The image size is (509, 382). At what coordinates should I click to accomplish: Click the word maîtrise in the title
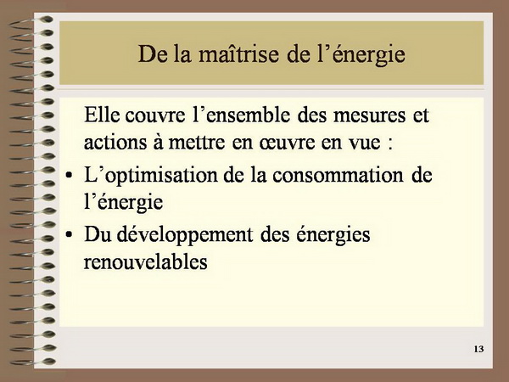(x=238, y=53)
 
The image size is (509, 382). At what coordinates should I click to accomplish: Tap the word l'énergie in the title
(x=361, y=55)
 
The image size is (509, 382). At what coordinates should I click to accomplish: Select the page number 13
(x=478, y=349)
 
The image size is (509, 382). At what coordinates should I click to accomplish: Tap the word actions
(x=115, y=143)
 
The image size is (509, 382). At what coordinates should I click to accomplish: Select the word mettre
(x=197, y=143)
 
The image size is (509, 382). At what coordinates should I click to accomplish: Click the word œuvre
(x=287, y=143)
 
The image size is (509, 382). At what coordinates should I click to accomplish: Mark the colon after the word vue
(x=390, y=144)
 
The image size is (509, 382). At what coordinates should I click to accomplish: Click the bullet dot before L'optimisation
(x=69, y=176)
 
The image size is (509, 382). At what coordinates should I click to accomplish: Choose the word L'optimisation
(x=151, y=177)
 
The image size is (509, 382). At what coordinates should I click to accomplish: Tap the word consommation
(x=338, y=176)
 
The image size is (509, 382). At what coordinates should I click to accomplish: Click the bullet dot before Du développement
(x=69, y=234)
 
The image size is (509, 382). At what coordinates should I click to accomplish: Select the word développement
(x=184, y=235)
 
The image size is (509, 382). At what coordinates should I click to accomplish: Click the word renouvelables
(x=145, y=261)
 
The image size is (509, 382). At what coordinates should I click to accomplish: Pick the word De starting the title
(x=153, y=54)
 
